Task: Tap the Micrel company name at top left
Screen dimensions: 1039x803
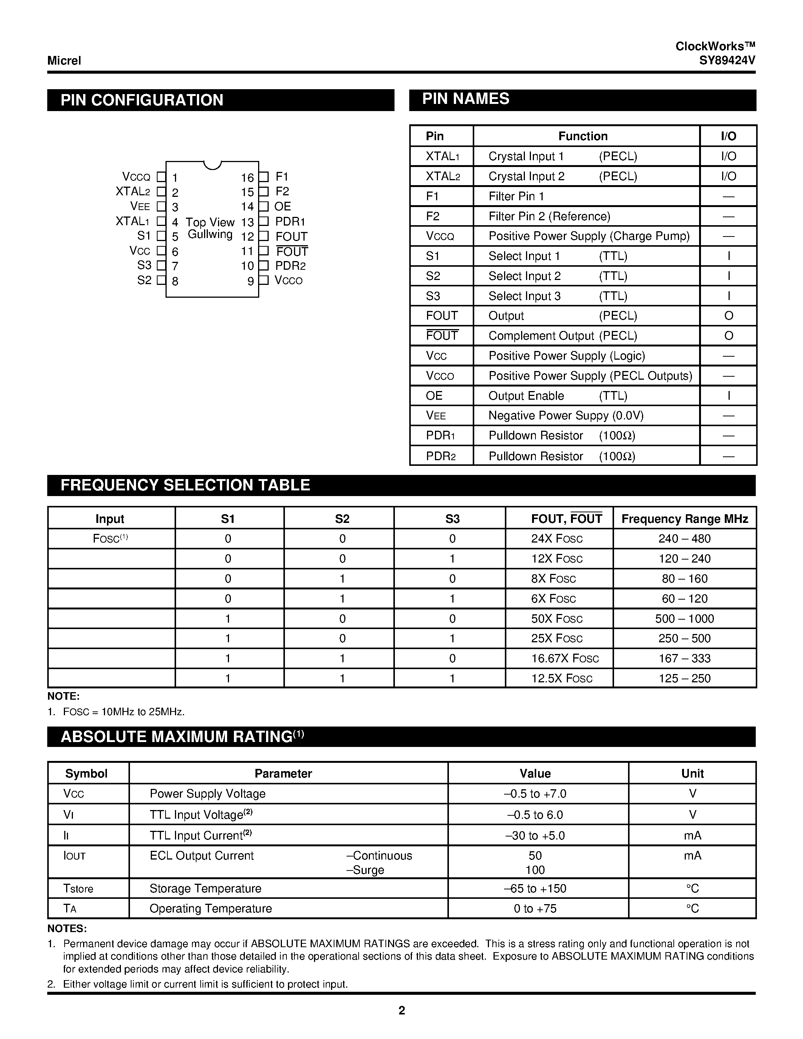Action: pos(64,60)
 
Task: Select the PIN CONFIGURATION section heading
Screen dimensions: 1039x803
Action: pos(142,100)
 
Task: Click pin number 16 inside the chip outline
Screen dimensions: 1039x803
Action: pos(247,178)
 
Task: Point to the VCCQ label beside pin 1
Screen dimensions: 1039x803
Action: pos(136,177)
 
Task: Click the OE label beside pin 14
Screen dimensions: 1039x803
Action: pos(283,206)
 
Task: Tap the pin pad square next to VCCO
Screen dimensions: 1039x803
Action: pos(264,280)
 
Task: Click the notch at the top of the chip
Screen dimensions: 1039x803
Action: pos(212,165)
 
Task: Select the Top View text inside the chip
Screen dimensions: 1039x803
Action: pos(210,222)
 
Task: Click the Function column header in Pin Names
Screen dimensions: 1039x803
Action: pos(583,136)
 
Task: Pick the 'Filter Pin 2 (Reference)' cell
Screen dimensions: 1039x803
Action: pos(549,216)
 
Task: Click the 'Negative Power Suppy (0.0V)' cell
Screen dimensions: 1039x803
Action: pos(566,416)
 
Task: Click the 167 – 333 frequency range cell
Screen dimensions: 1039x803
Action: pos(684,659)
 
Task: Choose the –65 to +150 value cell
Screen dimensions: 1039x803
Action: pos(535,889)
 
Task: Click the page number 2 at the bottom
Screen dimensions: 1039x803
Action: pos(401,1010)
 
